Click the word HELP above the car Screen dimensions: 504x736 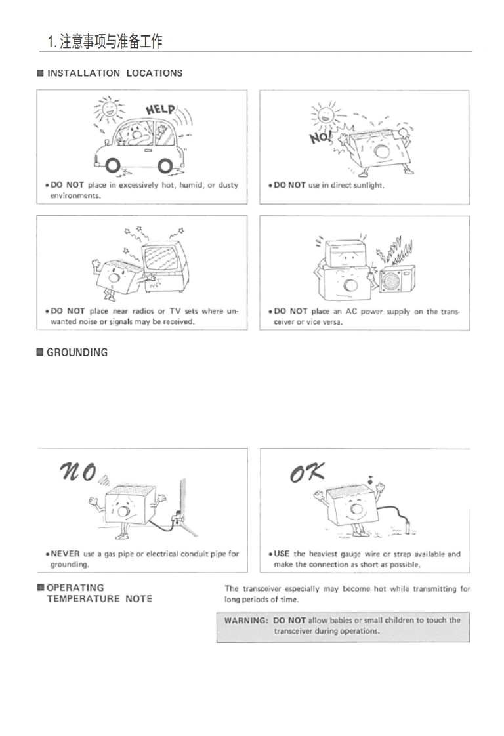[x=160, y=110]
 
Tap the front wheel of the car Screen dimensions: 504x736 [x=113, y=165]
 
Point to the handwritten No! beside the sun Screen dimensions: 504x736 [x=320, y=137]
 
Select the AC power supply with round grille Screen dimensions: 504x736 [x=397, y=281]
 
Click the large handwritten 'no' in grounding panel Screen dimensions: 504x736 [x=79, y=472]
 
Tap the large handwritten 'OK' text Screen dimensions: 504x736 [x=306, y=473]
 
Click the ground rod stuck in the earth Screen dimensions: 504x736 [x=409, y=525]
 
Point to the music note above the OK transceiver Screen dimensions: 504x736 [x=370, y=480]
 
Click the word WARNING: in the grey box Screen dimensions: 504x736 [x=245, y=620]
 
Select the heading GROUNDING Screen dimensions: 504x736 [x=77, y=352]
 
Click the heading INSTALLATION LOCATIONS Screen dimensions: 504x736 [x=115, y=73]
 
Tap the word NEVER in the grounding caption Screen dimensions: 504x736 [x=65, y=554]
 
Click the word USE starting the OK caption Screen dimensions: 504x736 [x=282, y=554]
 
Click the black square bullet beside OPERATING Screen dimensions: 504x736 [x=41, y=587]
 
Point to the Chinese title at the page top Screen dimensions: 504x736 [x=105, y=41]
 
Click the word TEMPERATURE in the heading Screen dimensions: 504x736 [x=83, y=599]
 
